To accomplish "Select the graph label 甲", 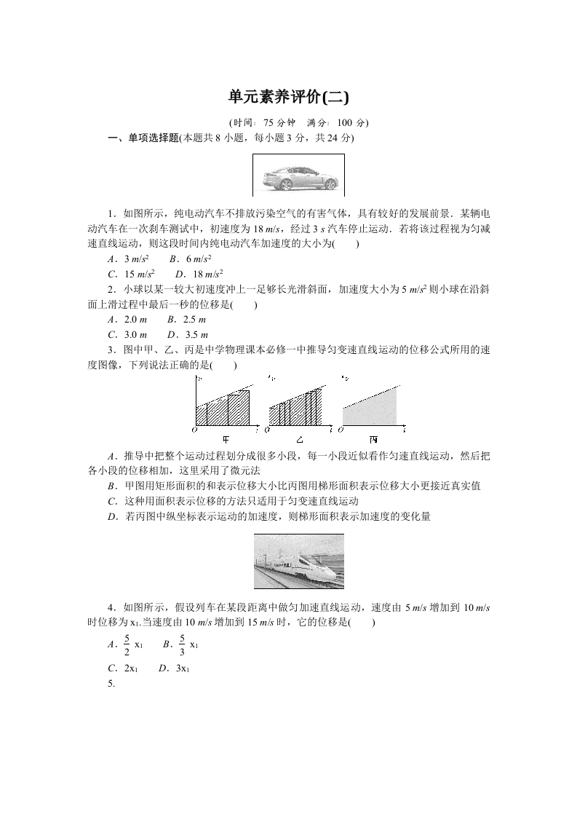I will click(226, 439).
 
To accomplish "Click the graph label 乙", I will click(299, 439).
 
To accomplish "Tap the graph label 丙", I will click(373, 439).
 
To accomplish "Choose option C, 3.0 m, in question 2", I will click(127, 334).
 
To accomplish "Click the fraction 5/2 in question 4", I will click(127, 645).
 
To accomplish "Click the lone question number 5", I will click(111, 684).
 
